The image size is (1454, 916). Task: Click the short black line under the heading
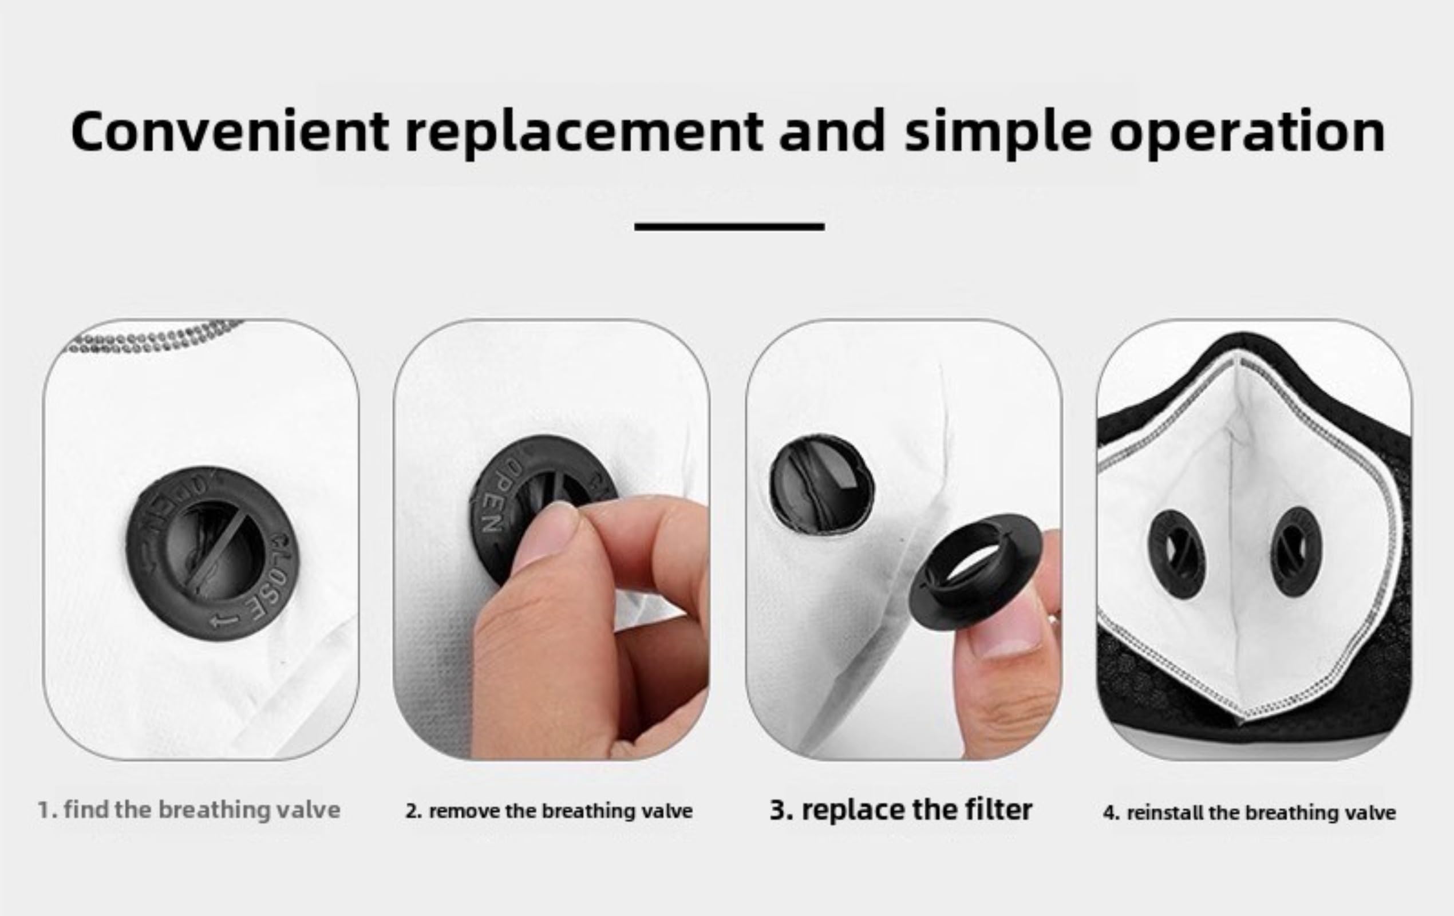tap(729, 227)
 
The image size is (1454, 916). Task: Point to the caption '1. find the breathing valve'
tap(189, 810)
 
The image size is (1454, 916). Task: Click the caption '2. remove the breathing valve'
tap(549, 811)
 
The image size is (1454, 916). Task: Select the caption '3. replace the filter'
tap(901, 810)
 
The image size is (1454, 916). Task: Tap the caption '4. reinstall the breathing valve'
tap(1249, 812)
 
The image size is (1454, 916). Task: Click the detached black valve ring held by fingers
tap(976, 571)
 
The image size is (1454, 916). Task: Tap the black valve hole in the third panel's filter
tap(822, 483)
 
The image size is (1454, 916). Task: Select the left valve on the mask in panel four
tap(1176, 555)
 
